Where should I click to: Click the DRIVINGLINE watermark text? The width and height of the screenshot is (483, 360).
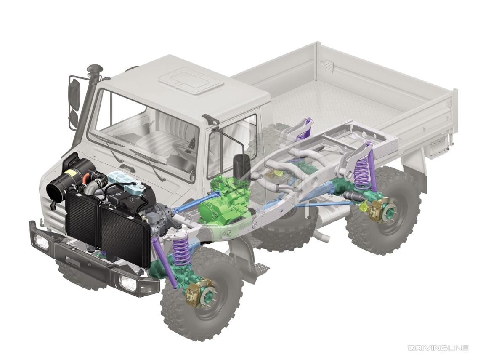coord(444,348)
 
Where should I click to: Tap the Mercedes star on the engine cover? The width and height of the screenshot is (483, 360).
coord(134,199)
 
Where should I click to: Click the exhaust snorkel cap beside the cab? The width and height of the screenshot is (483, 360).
coord(95,69)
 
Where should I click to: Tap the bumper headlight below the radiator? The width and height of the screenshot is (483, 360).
coord(128,283)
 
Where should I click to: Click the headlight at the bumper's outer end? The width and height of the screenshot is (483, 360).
coord(42,241)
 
